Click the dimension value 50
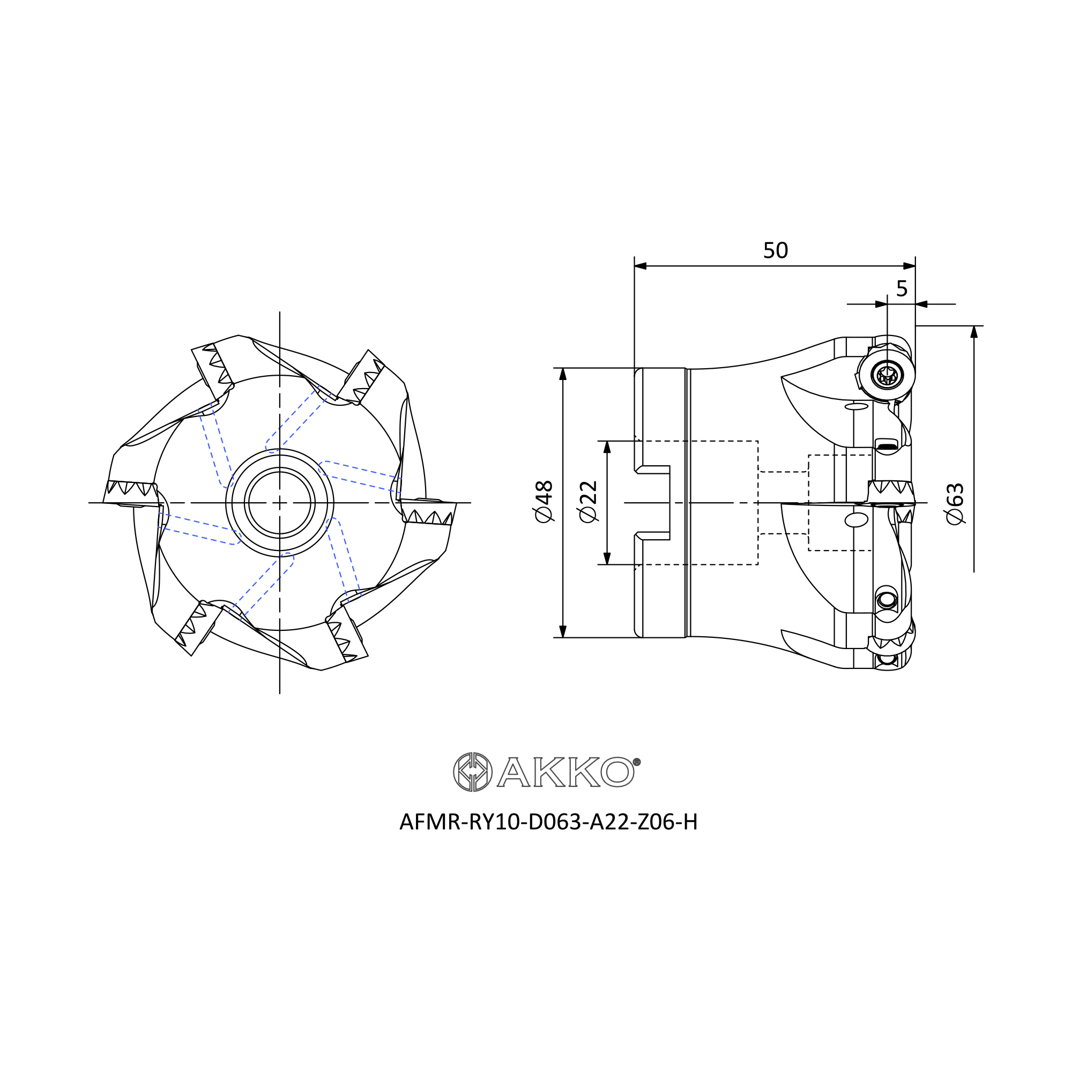775,251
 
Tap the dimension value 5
902,288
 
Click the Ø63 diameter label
955,504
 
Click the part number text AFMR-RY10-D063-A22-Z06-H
548,822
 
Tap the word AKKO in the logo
565,772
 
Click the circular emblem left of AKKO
473,772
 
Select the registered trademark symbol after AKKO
637,762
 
